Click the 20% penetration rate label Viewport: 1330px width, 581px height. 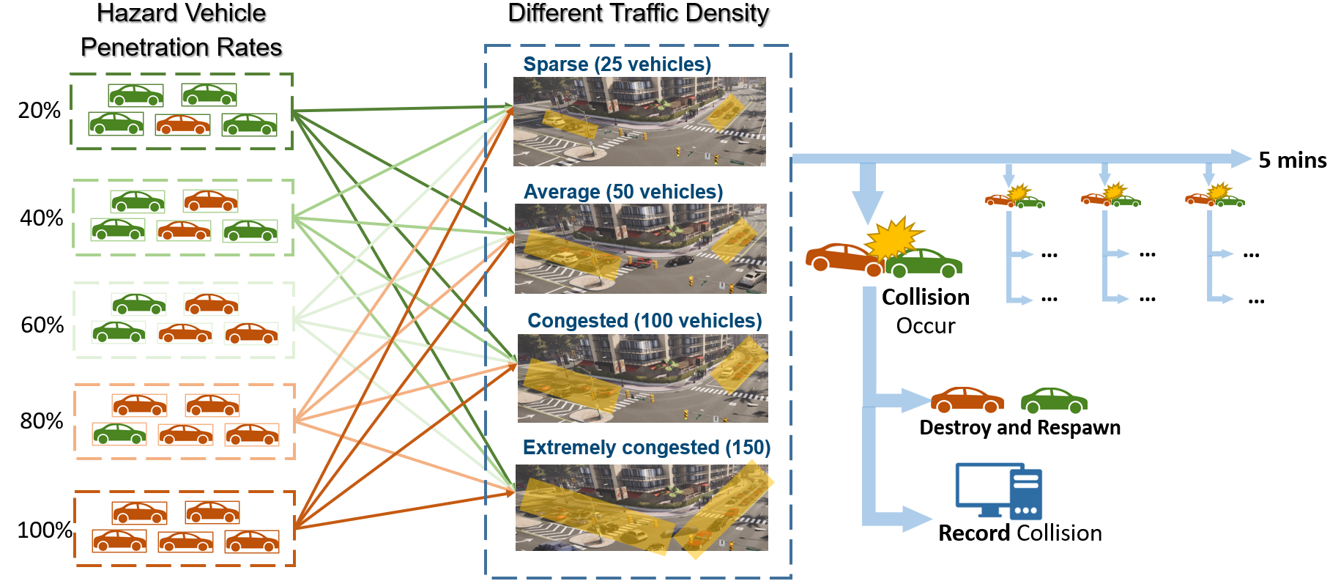click(39, 111)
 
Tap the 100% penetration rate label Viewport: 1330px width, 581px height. click(44, 530)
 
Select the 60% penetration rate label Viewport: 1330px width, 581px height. click(42, 325)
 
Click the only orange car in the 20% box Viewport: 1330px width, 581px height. click(183, 125)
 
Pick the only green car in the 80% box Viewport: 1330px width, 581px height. click(119, 434)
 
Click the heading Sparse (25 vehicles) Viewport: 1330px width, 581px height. click(617, 64)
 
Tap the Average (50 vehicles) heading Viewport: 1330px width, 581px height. click(623, 192)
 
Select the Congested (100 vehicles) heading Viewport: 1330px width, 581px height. click(644, 321)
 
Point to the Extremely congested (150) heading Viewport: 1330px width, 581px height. click(646, 448)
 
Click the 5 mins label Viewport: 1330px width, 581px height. click(1292, 160)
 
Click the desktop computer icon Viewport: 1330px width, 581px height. click(998, 490)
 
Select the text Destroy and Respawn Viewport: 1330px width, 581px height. click(1019, 428)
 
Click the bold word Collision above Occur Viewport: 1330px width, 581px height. click(925, 297)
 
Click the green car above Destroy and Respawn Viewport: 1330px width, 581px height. click(1054, 400)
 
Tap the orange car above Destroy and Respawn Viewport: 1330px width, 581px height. click(967, 400)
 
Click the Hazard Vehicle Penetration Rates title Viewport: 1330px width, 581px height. click(181, 30)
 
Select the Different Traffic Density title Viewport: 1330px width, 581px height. click(638, 13)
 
